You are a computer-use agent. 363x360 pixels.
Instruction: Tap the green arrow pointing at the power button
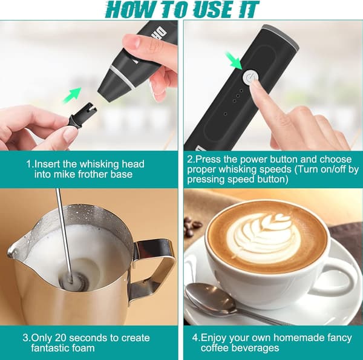[x=234, y=61]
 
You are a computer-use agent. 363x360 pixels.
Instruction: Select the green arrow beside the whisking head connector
[x=72, y=96]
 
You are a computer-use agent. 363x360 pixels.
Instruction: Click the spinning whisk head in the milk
[x=74, y=281]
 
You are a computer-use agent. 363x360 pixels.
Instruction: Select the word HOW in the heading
[x=129, y=9]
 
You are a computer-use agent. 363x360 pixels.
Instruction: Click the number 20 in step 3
[x=61, y=338]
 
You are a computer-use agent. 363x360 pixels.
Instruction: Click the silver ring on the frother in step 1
[x=122, y=77]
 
